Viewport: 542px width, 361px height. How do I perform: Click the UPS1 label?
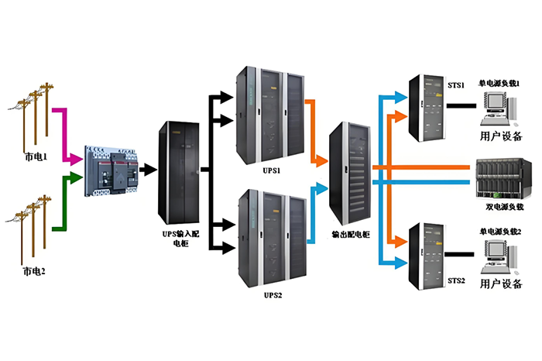(x=270, y=170)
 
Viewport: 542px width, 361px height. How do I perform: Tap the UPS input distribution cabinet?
(x=177, y=178)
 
